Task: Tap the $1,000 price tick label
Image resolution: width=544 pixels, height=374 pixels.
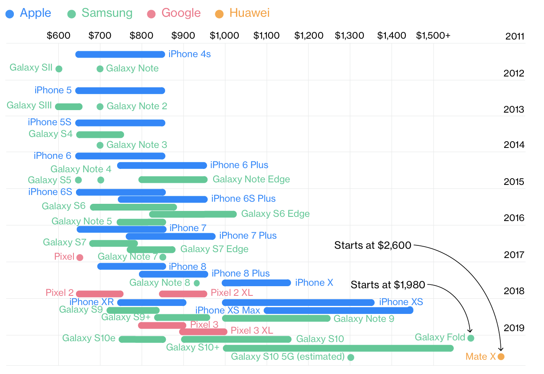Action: point(224,35)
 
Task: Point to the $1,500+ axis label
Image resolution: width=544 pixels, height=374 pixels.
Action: point(433,35)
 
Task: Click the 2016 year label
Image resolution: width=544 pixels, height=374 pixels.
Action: point(514,218)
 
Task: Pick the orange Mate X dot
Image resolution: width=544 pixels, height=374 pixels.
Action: point(501,357)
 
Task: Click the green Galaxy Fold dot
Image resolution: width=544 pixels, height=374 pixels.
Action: point(471,338)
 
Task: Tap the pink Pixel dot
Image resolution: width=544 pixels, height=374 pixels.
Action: point(80,257)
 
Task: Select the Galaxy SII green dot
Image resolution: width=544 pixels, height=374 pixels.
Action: point(59,68)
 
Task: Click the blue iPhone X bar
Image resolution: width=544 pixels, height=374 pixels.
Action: point(256,283)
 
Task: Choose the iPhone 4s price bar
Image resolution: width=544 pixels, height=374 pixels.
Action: point(120,54)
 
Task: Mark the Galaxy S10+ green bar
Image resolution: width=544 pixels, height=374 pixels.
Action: point(338,348)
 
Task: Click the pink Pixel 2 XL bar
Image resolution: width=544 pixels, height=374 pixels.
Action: point(183,294)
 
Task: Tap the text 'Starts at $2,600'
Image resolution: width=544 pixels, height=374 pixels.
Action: point(373,245)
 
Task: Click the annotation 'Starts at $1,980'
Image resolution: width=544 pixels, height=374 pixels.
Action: point(388,285)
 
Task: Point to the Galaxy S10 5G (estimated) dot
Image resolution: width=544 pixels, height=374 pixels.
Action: point(351,357)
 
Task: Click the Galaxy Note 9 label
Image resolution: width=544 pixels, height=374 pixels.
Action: point(364,319)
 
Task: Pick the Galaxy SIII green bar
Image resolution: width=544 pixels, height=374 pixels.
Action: point(69,106)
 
